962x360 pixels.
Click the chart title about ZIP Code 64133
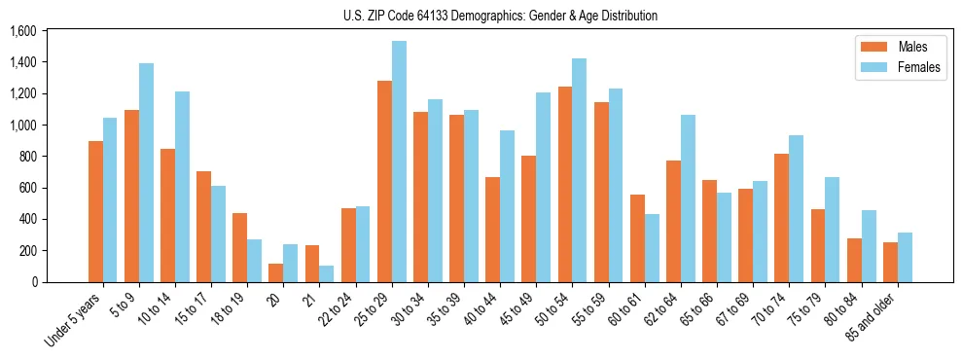click(500, 16)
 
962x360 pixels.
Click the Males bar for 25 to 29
click(384, 181)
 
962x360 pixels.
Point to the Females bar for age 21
click(327, 273)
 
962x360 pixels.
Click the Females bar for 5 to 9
click(146, 172)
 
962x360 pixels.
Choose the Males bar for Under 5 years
click(95, 211)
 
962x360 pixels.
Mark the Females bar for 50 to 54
click(579, 170)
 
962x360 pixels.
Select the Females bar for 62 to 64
click(688, 198)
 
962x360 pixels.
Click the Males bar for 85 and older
click(890, 262)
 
